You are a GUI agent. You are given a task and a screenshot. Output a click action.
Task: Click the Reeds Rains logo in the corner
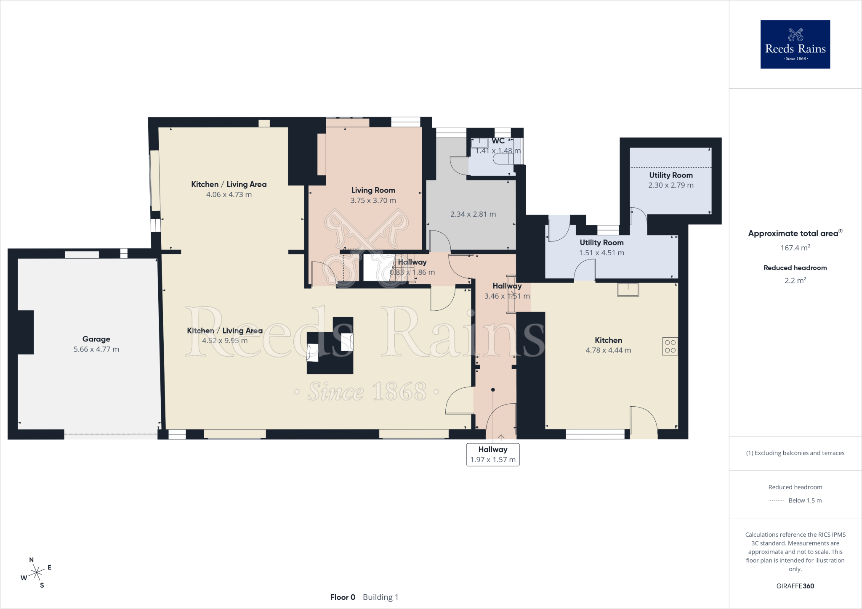tap(795, 44)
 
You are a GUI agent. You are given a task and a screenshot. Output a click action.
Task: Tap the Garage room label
tap(96, 339)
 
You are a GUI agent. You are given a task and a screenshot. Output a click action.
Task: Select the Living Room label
tap(373, 190)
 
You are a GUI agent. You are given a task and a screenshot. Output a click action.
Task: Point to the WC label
tap(498, 141)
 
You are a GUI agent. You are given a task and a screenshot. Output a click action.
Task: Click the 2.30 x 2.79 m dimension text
tap(671, 185)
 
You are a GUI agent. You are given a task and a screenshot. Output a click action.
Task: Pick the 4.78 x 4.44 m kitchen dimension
tap(608, 350)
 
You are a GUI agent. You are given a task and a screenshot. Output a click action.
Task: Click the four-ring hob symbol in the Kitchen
tap(670, 346)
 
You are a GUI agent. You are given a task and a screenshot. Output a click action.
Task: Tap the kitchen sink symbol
tap(628, 289)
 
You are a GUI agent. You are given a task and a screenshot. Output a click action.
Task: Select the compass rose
tap(37, 572)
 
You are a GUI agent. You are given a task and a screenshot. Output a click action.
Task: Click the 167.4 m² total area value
tap(795, 248)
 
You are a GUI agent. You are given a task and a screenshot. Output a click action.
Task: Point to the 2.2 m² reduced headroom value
tap(795, 280)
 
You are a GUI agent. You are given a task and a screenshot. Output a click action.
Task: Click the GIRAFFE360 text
tap(795, 586)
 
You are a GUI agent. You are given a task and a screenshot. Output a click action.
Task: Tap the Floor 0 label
tap(343, 597)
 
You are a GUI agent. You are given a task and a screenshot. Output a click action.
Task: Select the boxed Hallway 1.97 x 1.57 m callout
tap(493, 455)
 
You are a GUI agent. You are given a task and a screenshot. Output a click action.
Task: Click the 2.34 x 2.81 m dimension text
tap(473, 214)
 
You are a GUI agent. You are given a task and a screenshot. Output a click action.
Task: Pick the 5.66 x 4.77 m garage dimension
tap(96, 349)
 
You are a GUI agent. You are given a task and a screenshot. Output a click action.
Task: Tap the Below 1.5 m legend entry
tap(795, 500)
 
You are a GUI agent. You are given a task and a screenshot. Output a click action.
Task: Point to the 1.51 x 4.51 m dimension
tap(601, 253)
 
